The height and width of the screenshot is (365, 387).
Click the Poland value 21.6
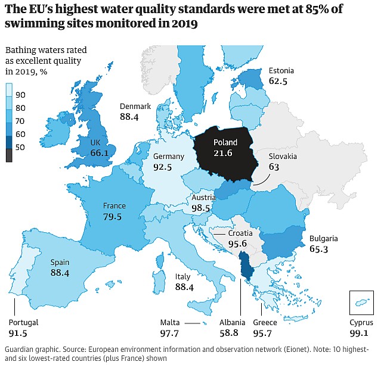[x=225, y=153]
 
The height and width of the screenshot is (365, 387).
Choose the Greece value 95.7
[x=265, y=333]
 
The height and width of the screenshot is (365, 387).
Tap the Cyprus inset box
[x=361, y=302]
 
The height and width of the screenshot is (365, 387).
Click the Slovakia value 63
[x=274, y=167]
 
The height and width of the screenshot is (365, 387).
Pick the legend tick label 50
[x=20, y=148]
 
